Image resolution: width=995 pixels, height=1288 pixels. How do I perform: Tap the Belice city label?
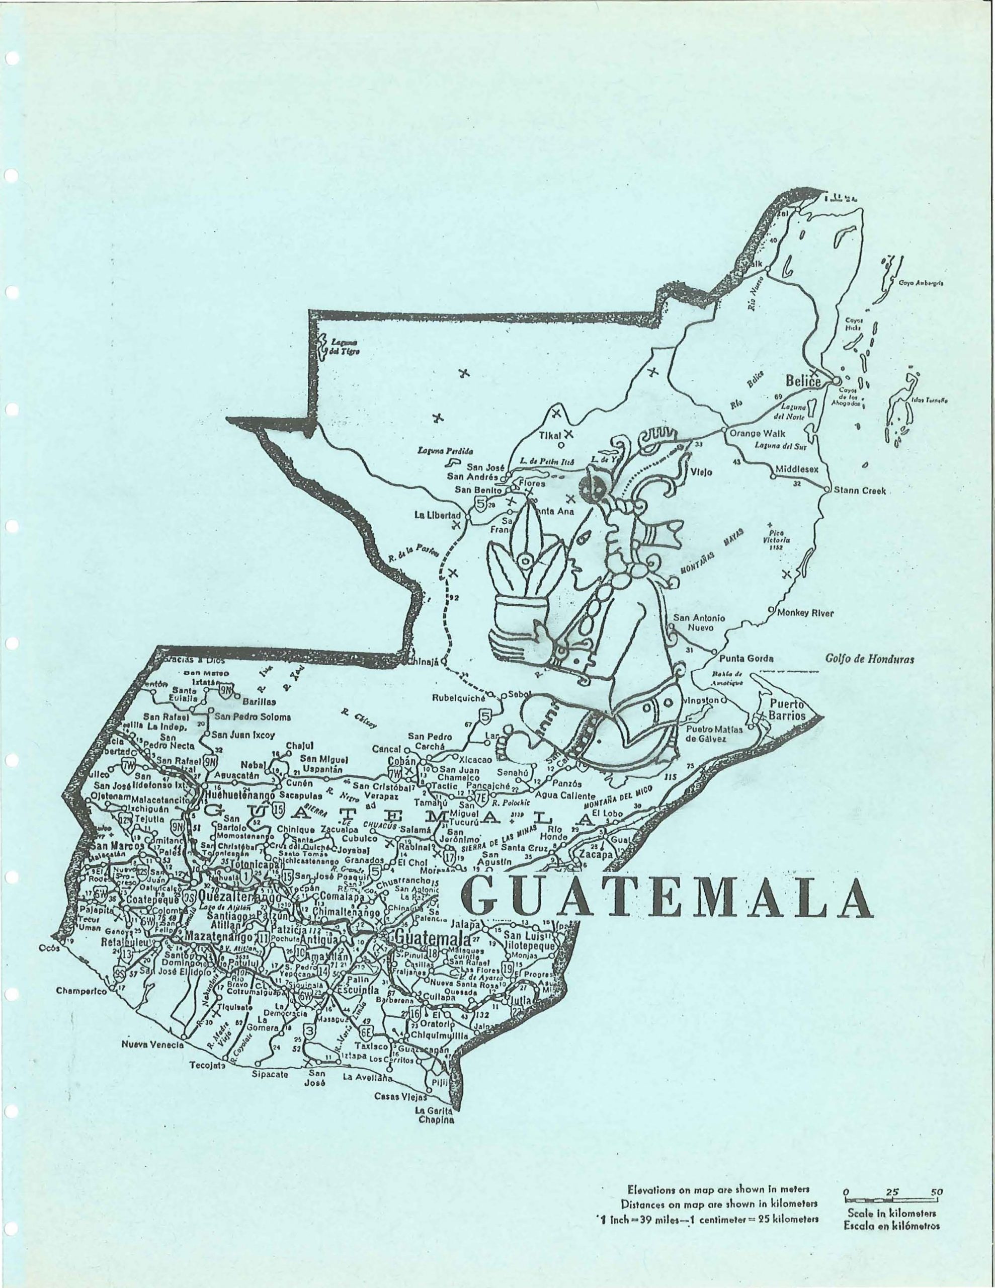tap(803, 381)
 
